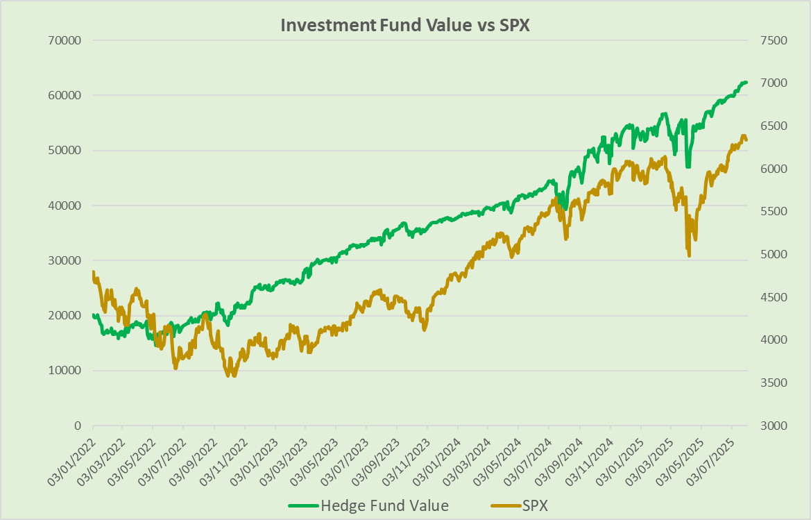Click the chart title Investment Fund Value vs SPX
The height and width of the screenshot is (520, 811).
[x=405, y=25]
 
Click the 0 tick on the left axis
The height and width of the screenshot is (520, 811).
[x=76, y=426]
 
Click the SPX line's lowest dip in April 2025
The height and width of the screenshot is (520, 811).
[x=689, y=255]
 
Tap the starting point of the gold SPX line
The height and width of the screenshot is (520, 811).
[x=92, y=272]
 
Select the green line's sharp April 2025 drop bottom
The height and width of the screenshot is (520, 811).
[x=688, y=166]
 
